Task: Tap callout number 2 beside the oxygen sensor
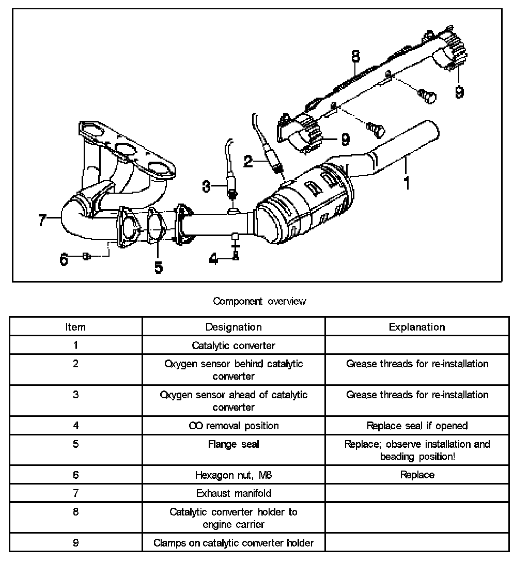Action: [248, 162]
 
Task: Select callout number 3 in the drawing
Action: [207, 185]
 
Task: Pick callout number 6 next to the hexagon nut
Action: [64, 258]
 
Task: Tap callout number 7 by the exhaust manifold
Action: [43, 220]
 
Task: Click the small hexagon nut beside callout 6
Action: [86, 257]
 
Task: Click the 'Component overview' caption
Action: [259, 301]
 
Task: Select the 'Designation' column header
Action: [234, 326]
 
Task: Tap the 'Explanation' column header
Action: [416, 326]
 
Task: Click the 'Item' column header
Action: [75, 326]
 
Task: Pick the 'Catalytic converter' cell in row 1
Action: [234, 345]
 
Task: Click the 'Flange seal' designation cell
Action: [234, 444]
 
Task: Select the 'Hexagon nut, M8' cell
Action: [234, 475]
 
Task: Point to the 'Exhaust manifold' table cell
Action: [234, 493]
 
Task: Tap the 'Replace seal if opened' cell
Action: [416, 426]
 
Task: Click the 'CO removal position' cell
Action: [234, 426]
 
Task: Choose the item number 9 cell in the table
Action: [75, 543]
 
